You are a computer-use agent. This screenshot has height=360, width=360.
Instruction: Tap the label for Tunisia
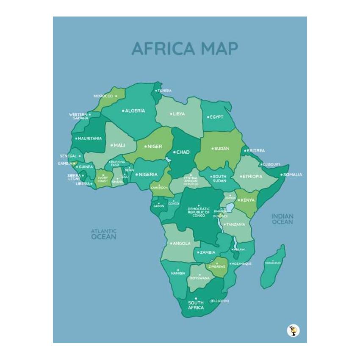[x=164, y=91]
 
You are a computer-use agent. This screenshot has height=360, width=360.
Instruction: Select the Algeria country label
[x=135, y=111]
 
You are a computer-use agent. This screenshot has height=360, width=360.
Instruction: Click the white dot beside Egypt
[x=208, y=117]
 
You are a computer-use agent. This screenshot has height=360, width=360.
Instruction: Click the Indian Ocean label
[x=282, y=219]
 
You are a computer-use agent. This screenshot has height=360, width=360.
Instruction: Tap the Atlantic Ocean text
[x=104, y=234]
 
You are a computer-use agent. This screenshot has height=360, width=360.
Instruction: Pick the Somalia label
[x=293, y=174]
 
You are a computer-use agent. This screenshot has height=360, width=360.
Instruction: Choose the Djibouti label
[x=271, y=164]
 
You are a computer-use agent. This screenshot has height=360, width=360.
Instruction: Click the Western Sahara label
[x=79, y=116]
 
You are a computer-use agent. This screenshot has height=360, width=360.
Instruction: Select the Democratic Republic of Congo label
[x=199, y=212]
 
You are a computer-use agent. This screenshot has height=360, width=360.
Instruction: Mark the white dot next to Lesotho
[x=213, y=301]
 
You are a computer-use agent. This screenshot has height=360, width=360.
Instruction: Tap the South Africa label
[x=196, y=305]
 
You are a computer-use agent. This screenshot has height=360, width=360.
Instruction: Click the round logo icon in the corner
[x=293, y=330]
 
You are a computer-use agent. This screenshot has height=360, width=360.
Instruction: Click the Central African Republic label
[x=191, y=181]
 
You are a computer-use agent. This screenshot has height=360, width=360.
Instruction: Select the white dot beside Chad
[x=174, y=152]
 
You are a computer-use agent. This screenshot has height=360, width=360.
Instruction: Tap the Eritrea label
[x=256, y=151]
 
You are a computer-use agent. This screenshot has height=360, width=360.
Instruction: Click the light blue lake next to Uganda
[x=230, y=207]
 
